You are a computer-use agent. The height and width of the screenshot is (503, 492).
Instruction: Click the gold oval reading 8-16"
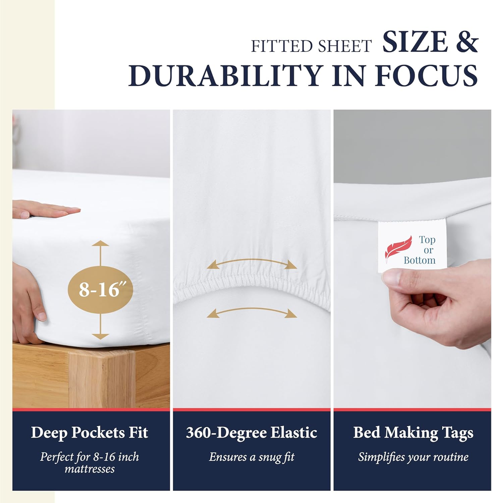point(101,289)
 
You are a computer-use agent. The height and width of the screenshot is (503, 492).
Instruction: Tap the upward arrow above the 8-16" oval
point(101,253)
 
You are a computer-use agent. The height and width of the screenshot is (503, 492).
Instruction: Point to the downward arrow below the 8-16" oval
point(101,326)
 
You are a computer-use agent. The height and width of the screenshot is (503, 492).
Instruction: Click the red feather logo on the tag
point(398,248)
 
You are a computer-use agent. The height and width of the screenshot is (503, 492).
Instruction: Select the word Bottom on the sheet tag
point(420,260)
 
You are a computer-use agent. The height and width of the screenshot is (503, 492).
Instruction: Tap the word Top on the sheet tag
point(427,240)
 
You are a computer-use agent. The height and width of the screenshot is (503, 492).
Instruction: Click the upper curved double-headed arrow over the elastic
point(252,263)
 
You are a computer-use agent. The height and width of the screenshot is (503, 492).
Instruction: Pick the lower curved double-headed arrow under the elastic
point(252,311)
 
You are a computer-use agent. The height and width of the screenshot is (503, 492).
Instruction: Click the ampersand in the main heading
point(467,42)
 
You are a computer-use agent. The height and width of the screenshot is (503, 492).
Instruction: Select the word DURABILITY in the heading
point(225,76)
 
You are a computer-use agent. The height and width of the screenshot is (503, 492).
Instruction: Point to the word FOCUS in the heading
point(427,76)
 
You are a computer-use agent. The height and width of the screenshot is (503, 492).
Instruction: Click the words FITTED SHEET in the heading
point(311,46)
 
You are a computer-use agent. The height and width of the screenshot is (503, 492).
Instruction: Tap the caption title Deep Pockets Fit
point(90,433)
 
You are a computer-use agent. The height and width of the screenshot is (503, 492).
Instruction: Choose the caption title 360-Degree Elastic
point(252,433)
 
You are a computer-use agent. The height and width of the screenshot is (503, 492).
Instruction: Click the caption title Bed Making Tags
point(413,433)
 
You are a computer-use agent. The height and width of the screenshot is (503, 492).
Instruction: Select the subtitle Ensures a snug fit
point(252,457)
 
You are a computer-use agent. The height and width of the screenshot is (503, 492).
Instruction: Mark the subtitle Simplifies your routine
point(413,457)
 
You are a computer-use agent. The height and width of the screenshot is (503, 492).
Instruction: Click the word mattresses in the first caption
point(90,469)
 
